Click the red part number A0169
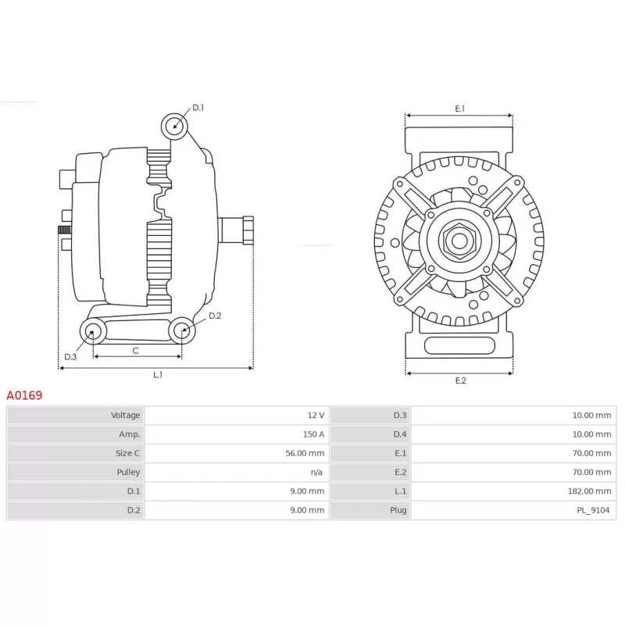(x=24, y=395)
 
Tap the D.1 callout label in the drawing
(x=198, y=107)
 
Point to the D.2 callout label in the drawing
(x=215, y=316)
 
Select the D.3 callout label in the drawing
(x=70, y=357)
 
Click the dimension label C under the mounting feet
(x=135, y=351)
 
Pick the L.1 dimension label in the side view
(x=158, y=375)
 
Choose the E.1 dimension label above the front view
(x=460, y=109)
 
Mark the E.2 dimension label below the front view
(x=460, y=380)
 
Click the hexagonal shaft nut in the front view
(x=459, y=241)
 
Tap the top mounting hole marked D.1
(x=174, y=127)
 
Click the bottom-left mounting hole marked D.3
(x=93, y=331)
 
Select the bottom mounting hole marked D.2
(x=182, y=330)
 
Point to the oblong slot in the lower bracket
(x=459, y=345)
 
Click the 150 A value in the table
(x=313, y=434)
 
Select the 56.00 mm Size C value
(x=305, y=453)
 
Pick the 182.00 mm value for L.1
(x=589, y=491)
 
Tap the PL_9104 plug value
(x=593, y=510)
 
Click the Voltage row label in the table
(x=126, y=416)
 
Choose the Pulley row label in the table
(x=128, y=473)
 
